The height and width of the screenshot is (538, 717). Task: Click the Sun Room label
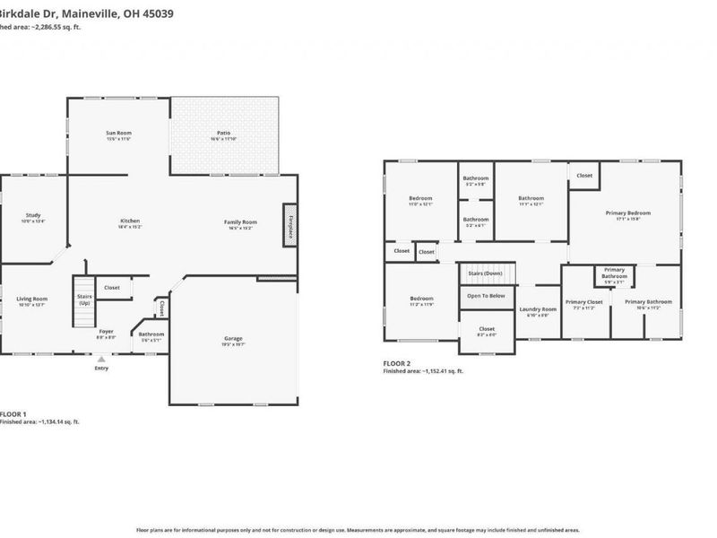[119, 133]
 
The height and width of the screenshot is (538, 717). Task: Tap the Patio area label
[223, 133]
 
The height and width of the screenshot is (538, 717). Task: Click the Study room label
[33, 215]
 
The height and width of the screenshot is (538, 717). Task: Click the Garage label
[233, 339]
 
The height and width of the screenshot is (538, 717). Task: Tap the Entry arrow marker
[100, 360]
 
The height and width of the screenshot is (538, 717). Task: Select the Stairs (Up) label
[85, 299]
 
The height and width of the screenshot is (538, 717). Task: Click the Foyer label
[106, 332]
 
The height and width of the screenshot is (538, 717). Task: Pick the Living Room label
[32, 299]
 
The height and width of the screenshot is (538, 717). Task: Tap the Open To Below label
[487, 295]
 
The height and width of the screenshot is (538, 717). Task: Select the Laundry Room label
[538, 309]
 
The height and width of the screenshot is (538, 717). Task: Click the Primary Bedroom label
[627, 213]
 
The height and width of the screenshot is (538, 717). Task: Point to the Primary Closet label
[584, 302]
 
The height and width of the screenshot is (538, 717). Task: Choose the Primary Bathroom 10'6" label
[647, 302]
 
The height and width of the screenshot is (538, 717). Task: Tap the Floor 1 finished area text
[39, 421]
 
